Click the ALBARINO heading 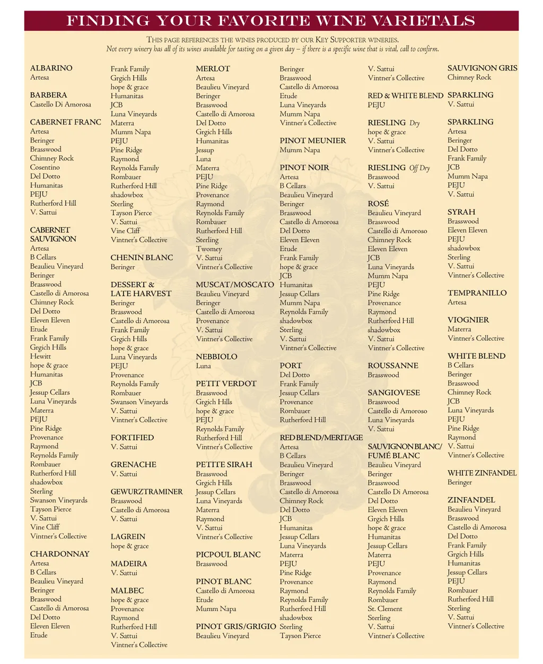coord(51,68)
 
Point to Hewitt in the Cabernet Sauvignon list coord(40,356)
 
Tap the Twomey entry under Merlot coord(209,249)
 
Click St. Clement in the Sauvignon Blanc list coord(385,609)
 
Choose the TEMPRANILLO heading coord(477,293)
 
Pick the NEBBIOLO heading coord(216,357)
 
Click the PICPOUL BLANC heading coord(228,555)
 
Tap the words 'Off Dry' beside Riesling coord(419,168)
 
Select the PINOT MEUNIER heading coord(313,141)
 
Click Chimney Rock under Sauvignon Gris coord(469,77)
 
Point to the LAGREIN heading coord(128,537)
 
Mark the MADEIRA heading coord(129,564)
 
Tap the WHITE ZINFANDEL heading coord(481,473)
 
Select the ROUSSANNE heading coord(393,366)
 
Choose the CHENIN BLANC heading coord(142,258)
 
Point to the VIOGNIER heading coord(468,320)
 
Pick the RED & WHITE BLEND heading coord(405,96)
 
